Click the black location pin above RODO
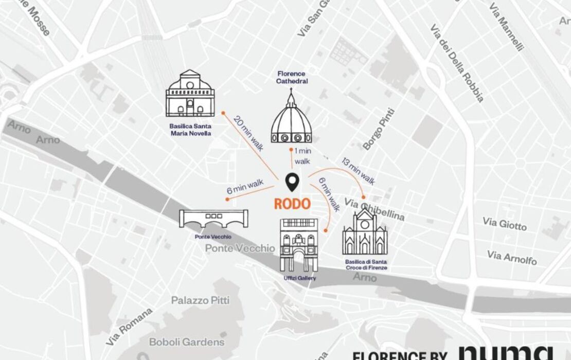[x=292, y=182]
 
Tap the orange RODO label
[x=292, y=204]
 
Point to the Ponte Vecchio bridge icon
[x=213, y=219]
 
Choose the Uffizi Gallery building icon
[x=299, y=245]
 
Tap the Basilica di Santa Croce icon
[x=365, y=232]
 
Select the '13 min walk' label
[x=359, y=170]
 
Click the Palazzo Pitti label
[x=200, y=300]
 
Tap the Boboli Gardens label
[x=187, y=342]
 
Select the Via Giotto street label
[x=505, y=224]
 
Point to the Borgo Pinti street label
[x=379, y=129]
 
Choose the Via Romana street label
[x=130, y=327]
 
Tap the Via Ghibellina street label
[x=374, y=209]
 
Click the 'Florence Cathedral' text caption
[x=291, y=77]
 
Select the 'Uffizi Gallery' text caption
[x=299, y=278]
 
